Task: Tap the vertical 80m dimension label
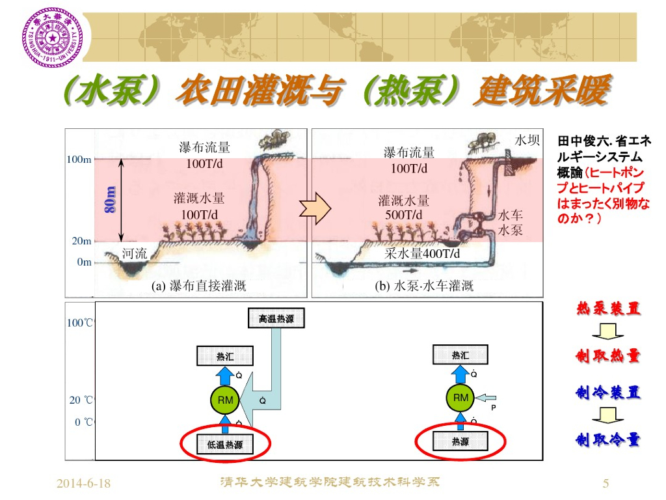tap(111, 199)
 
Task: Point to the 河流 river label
tap(135, 253)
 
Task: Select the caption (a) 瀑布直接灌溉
tap(198, 286)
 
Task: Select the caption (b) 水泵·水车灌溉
tap(424, 286)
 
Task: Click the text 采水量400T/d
tap(422, 253)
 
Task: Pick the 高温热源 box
tap(276, 319)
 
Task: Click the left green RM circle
tap(225, 400)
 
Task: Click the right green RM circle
tap(460, 397)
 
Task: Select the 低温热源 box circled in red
tap(225, 445)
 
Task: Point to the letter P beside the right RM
tap(494, 408)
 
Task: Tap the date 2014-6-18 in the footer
tap(83, 483)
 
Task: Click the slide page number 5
tap(606, 483)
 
